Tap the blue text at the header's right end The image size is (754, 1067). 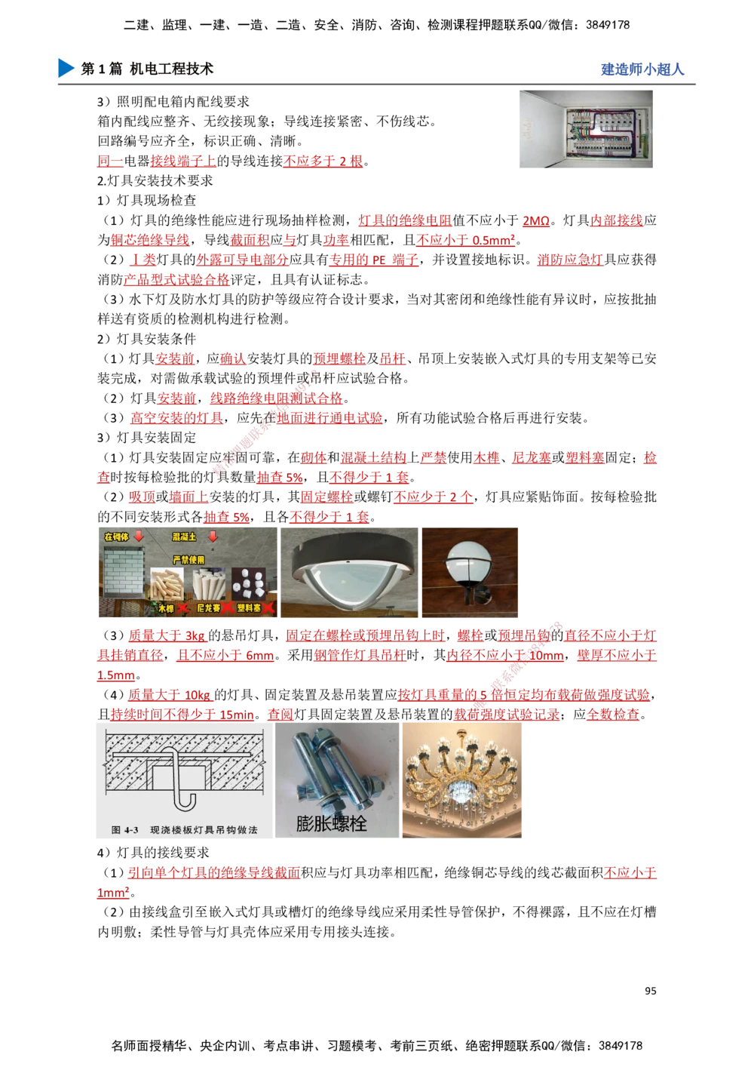tap(642, 69)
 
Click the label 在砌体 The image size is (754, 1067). tap(116, 537)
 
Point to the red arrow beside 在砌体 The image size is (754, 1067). tap(139, 537)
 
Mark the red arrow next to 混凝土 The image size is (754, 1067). tap(213, 537)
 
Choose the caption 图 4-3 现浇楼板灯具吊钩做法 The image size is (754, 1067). tap(184, 829)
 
